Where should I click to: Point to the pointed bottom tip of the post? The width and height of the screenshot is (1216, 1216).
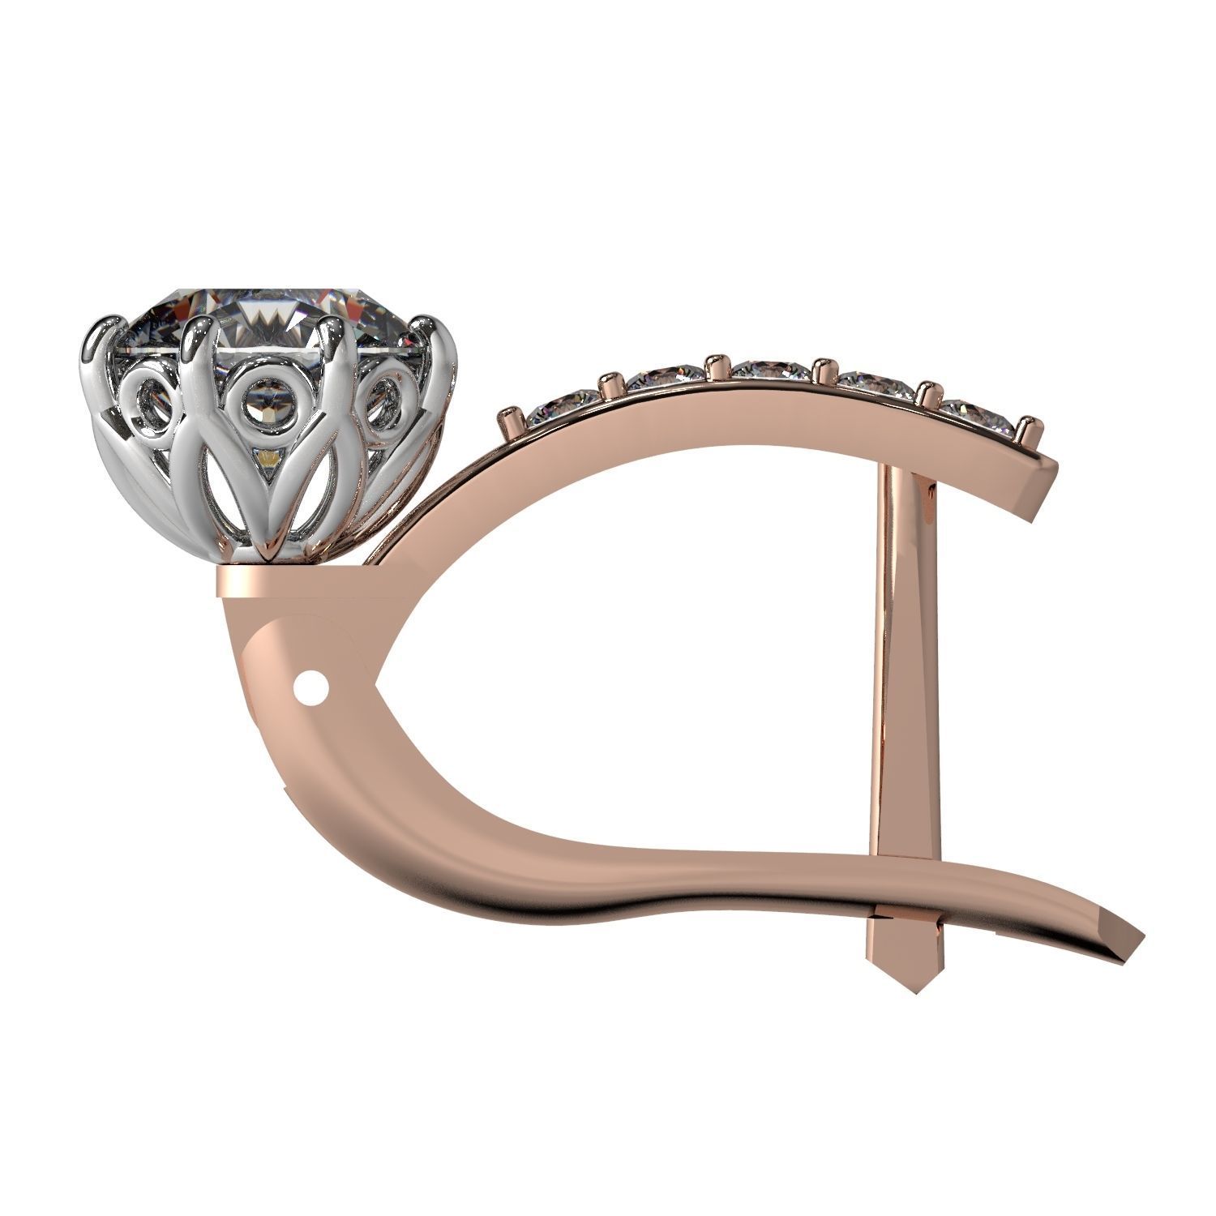pos(909,991)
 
